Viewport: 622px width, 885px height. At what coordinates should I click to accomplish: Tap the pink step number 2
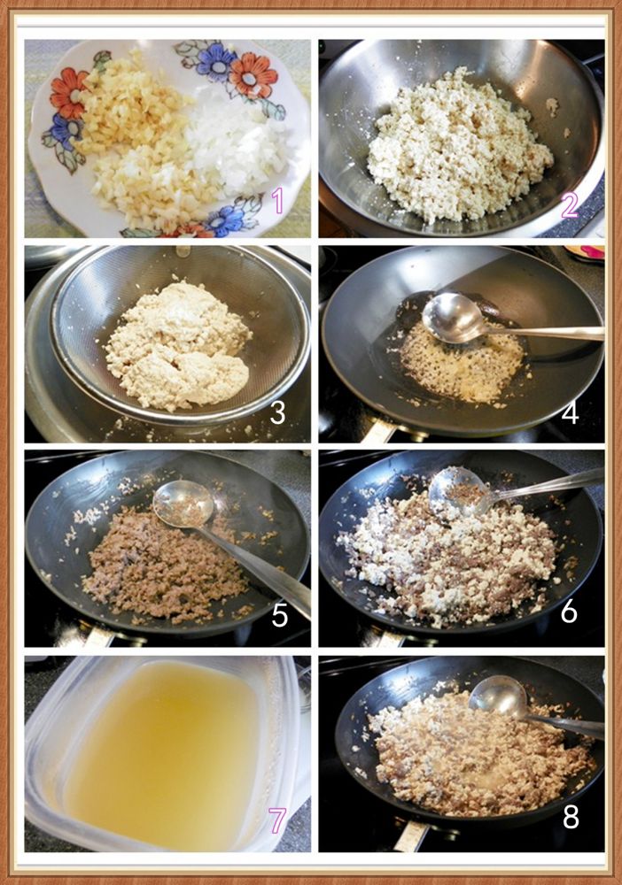570,205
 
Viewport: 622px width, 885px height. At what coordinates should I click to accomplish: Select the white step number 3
277,412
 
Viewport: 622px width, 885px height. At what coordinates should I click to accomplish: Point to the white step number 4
570,412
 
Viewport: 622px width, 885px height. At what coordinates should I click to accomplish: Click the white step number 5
280,615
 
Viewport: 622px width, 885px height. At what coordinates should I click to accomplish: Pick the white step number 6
569,611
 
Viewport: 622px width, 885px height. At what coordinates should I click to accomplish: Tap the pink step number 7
276,820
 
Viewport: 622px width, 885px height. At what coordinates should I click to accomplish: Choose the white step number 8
571,816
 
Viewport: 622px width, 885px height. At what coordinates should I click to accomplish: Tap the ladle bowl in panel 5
183,504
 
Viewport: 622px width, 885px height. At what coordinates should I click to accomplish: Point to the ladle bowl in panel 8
498,698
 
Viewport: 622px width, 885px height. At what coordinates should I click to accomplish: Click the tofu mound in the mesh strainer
178,345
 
